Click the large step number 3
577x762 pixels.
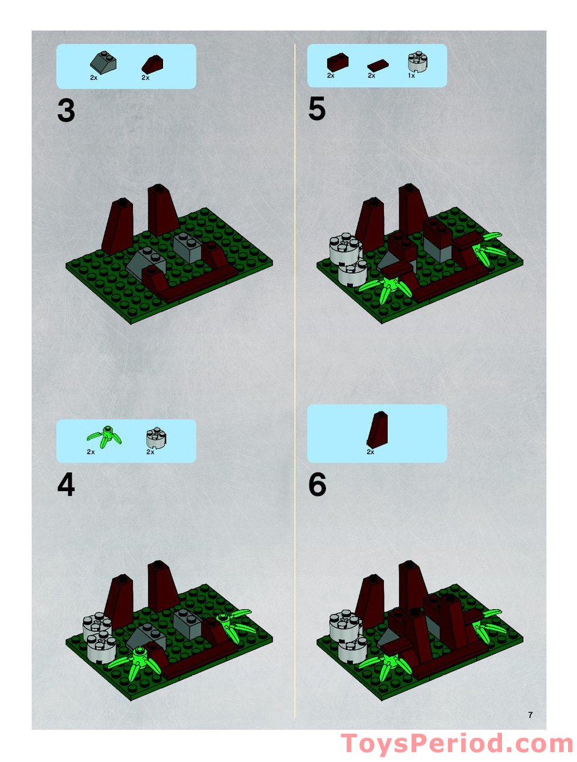click(66, 111)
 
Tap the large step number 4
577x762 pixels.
click(66, 485)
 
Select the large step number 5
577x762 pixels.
click(317, 110)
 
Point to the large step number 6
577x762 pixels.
click(317, 485)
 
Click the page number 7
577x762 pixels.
click(530, 715)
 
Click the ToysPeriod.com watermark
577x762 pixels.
click(456, 744)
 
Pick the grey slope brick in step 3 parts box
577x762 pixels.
click(103, 62)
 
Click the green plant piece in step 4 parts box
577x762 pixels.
click(104, 437)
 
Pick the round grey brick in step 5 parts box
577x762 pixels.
click(417, 61)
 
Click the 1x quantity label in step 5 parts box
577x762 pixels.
click(411, 76)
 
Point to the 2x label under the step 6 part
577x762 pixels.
click(370, 452)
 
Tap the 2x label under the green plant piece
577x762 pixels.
click(91, 452)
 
